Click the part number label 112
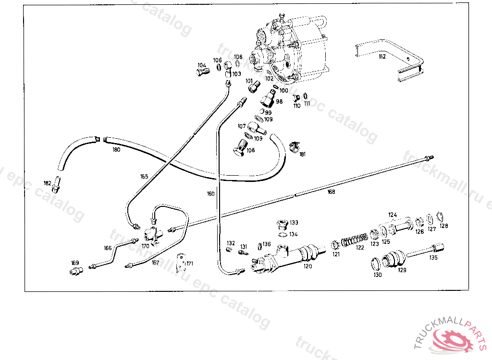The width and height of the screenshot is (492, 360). point(382,57)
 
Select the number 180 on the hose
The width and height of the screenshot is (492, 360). point(116,149)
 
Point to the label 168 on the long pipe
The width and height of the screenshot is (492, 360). point(331,192)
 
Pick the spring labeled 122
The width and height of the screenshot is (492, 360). point(355,238)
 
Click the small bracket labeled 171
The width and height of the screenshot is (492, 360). point(181,262)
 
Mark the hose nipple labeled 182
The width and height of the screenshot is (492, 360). point(57,183)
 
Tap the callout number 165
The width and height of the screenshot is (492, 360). point(144,176)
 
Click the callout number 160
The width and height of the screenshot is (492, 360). point(211,194)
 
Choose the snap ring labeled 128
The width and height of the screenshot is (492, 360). point(441,216)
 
